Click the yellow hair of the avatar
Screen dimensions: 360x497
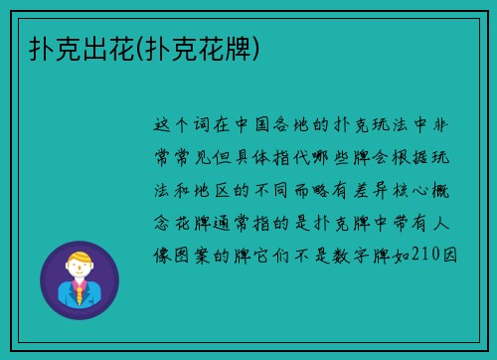[x=79, y=260]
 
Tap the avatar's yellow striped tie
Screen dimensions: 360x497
[x=79, y=294]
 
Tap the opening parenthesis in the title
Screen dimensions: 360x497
[x=136, y=46]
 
